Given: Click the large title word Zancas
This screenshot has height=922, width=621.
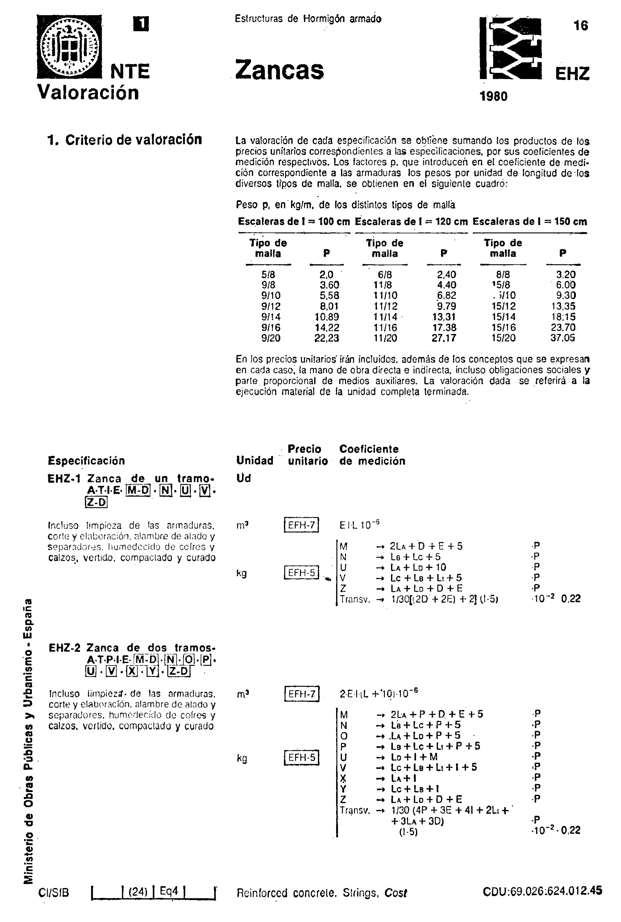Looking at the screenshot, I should (279, 70).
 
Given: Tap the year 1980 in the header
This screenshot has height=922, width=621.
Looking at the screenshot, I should (493, 96).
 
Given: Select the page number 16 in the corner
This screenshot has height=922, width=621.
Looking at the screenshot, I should (581, 26).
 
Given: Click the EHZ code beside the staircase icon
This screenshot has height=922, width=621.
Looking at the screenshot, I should (572, 74).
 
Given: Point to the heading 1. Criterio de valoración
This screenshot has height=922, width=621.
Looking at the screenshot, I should (125, 140).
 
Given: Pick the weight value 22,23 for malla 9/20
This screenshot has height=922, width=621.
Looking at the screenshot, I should (327, 338).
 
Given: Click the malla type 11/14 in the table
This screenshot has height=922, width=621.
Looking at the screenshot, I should (385, 317).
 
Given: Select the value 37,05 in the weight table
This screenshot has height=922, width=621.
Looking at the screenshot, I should (563, 338).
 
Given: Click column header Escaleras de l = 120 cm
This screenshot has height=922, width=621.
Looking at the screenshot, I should (411, 222).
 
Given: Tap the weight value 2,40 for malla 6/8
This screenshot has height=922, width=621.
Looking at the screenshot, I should (446, 275).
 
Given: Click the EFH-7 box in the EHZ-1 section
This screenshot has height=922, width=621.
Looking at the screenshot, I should (301, 525).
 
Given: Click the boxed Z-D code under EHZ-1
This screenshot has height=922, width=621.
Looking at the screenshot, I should (96, 502).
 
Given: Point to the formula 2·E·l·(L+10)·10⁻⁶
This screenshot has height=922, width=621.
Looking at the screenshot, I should (379, 693).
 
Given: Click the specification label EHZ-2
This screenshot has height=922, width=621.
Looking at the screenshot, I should (64, 648).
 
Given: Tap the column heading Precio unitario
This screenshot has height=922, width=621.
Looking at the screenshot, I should (307, 455).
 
